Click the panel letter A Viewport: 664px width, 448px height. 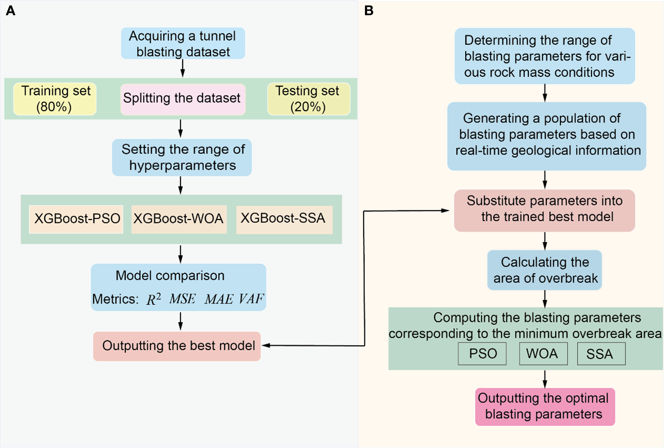tap(10, 10)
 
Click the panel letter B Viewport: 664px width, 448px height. tap(369, 10)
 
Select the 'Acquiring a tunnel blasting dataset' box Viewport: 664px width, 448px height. tap(183, 43)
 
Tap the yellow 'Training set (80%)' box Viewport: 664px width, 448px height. tap(55, 99)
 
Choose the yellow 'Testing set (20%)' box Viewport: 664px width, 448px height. tap(308, 99)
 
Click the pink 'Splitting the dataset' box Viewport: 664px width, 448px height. tap(183, 99)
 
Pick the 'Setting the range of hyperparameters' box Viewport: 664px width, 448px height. tap(182, 157)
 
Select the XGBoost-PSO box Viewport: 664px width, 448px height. tap(76, 219)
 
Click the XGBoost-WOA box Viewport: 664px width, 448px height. tap(179, 219)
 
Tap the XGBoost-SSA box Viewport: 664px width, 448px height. tap(284, 219)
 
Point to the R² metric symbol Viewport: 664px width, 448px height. tap(154, 299)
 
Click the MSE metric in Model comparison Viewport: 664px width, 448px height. tap(182, 299)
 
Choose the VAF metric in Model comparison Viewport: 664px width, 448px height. tap(251, 299)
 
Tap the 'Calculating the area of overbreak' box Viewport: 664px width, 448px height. tap(544, 270)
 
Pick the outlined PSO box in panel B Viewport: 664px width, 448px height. tap(482, 354)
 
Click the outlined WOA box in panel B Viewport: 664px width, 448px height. tap(543, 354)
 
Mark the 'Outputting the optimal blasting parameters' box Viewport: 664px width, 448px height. tap(545, 407)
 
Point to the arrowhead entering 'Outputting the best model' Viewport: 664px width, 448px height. tap(266, 346)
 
